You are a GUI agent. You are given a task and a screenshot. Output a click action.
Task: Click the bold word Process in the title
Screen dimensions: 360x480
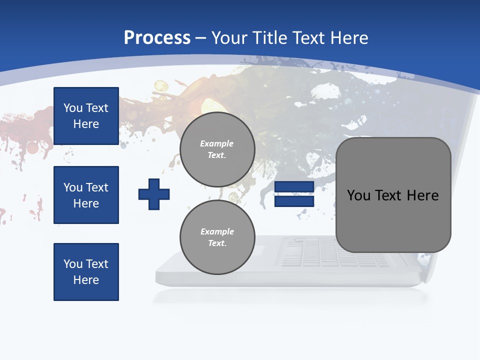coord(157,38)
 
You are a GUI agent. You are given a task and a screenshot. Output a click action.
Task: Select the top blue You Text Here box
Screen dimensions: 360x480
coord(86,116)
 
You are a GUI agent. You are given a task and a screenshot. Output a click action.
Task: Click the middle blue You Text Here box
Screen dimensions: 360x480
coord(86,195)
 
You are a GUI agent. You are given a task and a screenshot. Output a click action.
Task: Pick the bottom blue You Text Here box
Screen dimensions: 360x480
coord(86,272)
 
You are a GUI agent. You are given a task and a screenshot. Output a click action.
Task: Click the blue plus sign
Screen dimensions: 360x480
coord(154,194)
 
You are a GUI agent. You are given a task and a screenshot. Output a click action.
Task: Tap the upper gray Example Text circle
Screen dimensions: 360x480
coord(217,149)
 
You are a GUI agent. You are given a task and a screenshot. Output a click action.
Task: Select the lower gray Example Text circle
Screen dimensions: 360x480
coord(217,237)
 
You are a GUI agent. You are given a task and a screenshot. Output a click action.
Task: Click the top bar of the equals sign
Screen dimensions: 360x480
coord(294,187)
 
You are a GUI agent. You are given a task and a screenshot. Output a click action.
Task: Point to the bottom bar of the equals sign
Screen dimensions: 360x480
coord(294,201)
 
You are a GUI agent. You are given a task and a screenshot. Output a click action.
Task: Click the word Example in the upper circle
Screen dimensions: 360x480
coord(217,143)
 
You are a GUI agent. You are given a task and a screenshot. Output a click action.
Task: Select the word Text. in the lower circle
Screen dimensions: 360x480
coord(217,243)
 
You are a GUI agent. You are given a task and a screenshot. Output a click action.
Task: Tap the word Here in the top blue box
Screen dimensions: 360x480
coord(86,124)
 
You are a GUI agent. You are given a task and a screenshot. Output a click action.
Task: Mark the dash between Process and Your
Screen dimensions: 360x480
coord(201,38)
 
